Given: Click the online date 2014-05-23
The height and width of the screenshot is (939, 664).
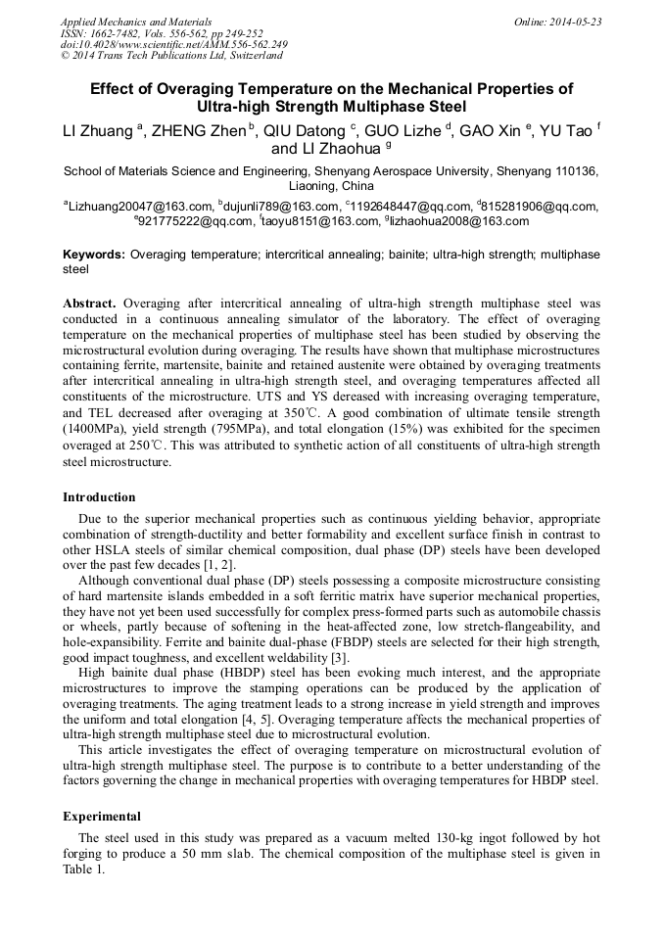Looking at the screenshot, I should point(557,22).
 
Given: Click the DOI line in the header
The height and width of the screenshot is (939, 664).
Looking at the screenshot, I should point(174,44).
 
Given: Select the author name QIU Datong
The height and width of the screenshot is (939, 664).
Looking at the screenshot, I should point(305,132).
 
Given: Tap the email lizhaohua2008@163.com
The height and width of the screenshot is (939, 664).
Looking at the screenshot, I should point(459,221).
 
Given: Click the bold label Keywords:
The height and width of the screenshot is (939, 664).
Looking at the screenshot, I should point(94,255).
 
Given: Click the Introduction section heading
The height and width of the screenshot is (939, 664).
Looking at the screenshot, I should point(103,497).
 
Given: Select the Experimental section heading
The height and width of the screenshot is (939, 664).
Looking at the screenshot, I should point(102,816).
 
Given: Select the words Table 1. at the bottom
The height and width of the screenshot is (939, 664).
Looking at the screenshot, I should point(83,869).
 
